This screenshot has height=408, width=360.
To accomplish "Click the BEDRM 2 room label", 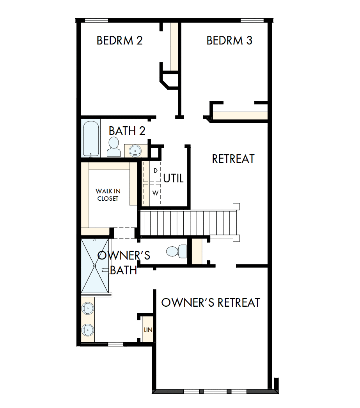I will [x=119, y=41].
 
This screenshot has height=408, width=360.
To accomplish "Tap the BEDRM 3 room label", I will [x=229, y=41].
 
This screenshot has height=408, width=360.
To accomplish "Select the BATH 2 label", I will [x=127, y=131].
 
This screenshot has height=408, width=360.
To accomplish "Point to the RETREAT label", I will [x=233, y=159].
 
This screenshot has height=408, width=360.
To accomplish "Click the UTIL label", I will [x=173, y=179].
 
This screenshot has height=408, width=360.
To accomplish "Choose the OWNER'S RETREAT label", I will [x=211, y=303].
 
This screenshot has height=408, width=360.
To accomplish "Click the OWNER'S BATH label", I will [x=123, y=263].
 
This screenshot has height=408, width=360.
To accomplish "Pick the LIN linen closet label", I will [x=148, y=330].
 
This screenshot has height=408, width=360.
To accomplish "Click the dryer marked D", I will [x=152, y=171].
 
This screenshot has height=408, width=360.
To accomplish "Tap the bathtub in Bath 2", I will [x=90, y=138].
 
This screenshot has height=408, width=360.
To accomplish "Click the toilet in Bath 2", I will [x=114, y=147].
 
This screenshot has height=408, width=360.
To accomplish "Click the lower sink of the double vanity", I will [x=87, y=330].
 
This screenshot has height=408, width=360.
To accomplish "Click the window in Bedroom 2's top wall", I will [x=96, y=20].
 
